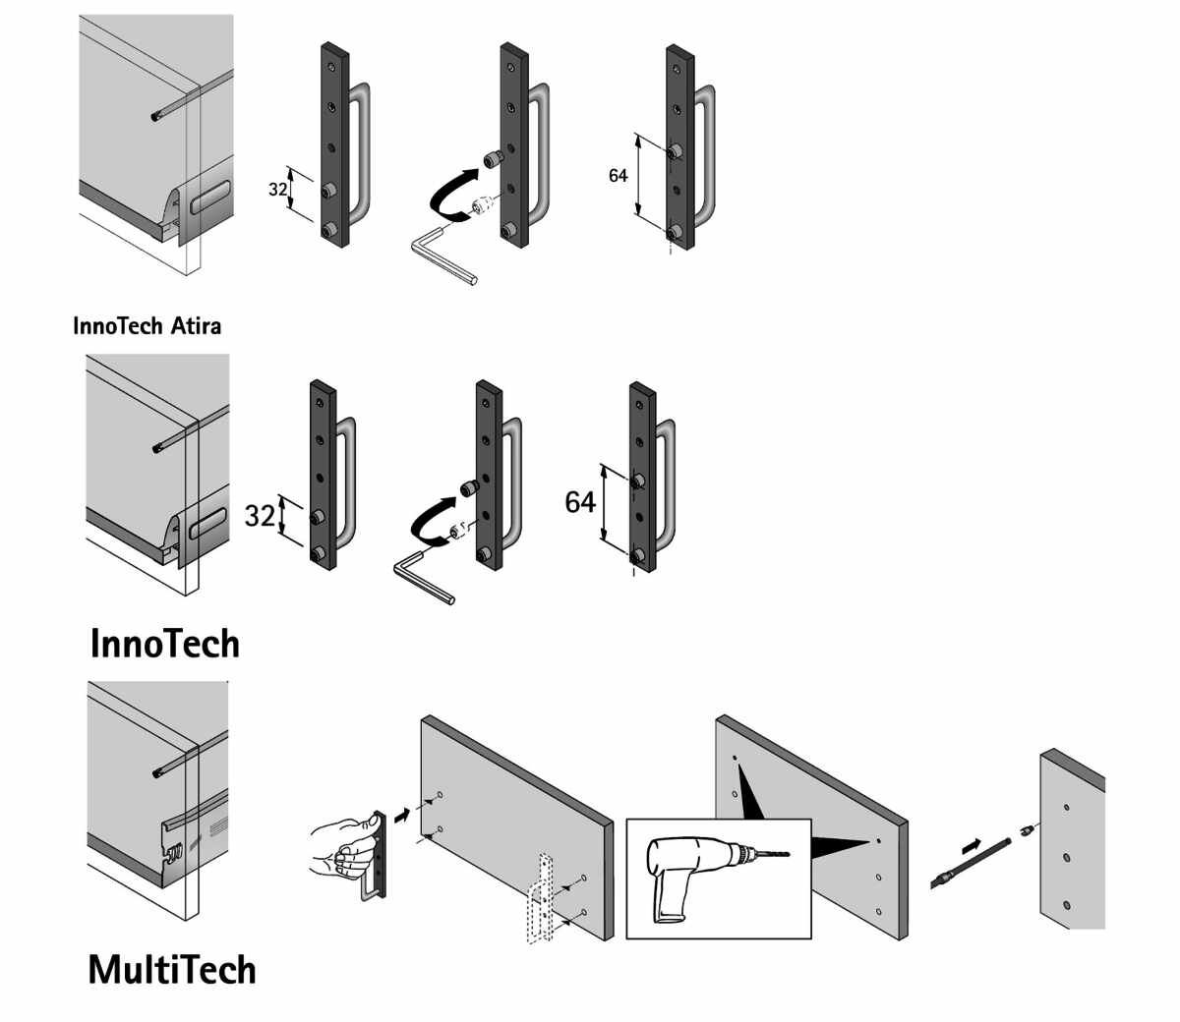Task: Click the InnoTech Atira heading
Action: click(147, 325)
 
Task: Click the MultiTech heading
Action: click(172, 970)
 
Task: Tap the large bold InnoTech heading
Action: click(164, 644)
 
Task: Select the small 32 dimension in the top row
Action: click(278, 189)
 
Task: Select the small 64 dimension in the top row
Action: click(618, 176)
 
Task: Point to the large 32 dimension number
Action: click(260, 515)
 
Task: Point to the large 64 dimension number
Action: click(580, 502)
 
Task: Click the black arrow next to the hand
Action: click(400, 814)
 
